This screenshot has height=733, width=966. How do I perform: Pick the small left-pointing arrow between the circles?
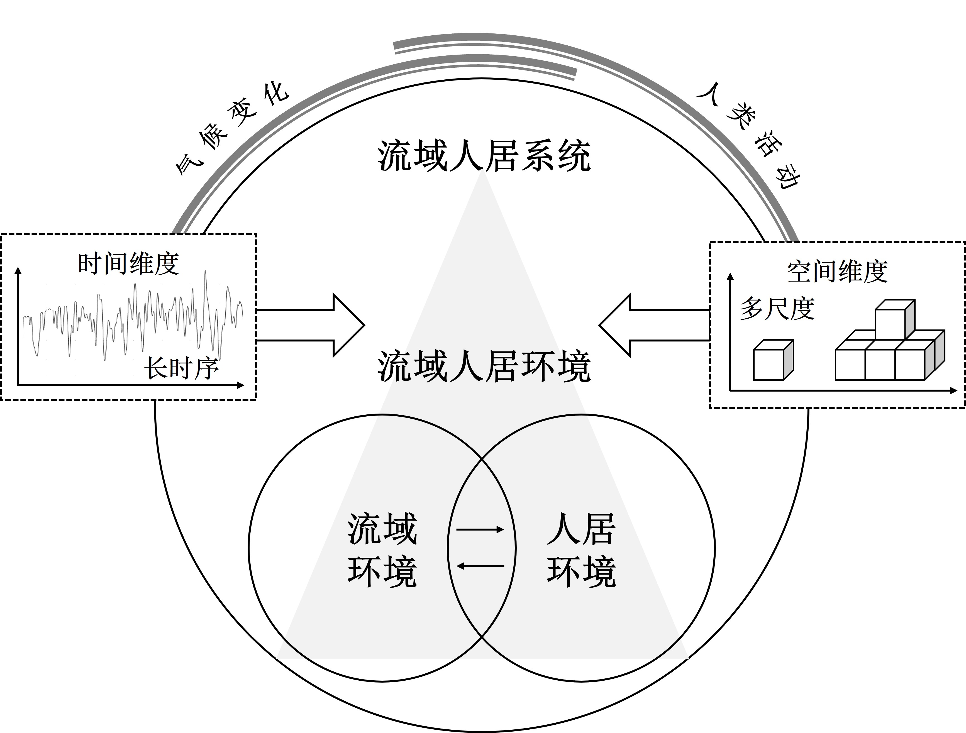(480, 566)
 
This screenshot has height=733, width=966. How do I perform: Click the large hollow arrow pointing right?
(310, 325)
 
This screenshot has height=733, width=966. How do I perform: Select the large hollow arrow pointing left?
(654, 325)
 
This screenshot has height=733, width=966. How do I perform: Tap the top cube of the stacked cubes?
(895, 319)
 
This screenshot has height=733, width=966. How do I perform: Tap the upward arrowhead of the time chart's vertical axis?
(18, 271)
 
